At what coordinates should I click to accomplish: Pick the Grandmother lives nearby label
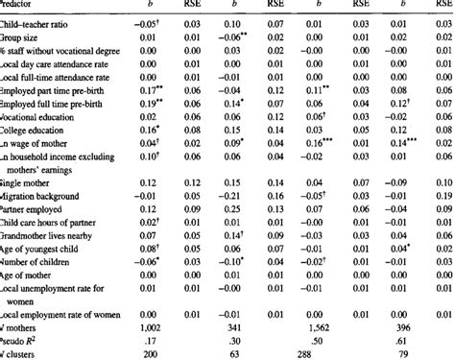47,233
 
